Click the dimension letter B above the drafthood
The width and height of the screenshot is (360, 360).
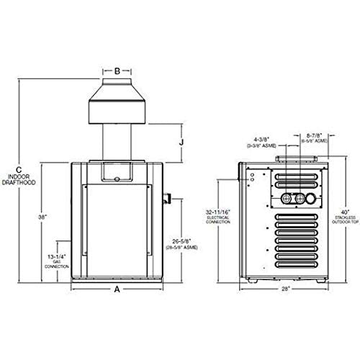(117, 71)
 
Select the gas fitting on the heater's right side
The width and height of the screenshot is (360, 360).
(167, 197)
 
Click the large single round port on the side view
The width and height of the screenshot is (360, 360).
(310, 198)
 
